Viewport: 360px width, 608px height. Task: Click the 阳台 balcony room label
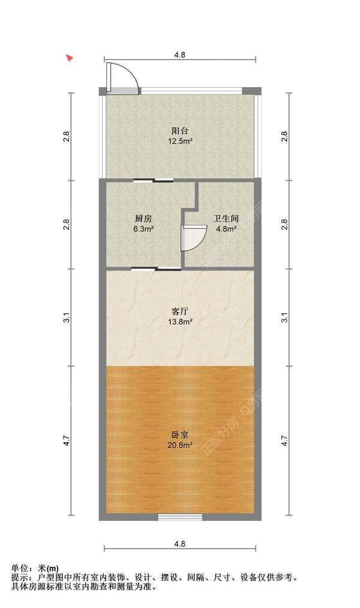[x=180, y=130]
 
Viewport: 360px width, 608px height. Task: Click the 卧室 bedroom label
[x=180, y=435]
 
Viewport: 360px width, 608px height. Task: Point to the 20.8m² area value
[x=180, y=445]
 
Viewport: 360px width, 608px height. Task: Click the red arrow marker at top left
[x=70, y=58]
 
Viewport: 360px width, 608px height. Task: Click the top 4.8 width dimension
[x=180, y=55]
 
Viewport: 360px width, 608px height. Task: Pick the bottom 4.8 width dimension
[x=180, y=544]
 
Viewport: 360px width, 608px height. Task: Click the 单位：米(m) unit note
[x=35, y=568]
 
